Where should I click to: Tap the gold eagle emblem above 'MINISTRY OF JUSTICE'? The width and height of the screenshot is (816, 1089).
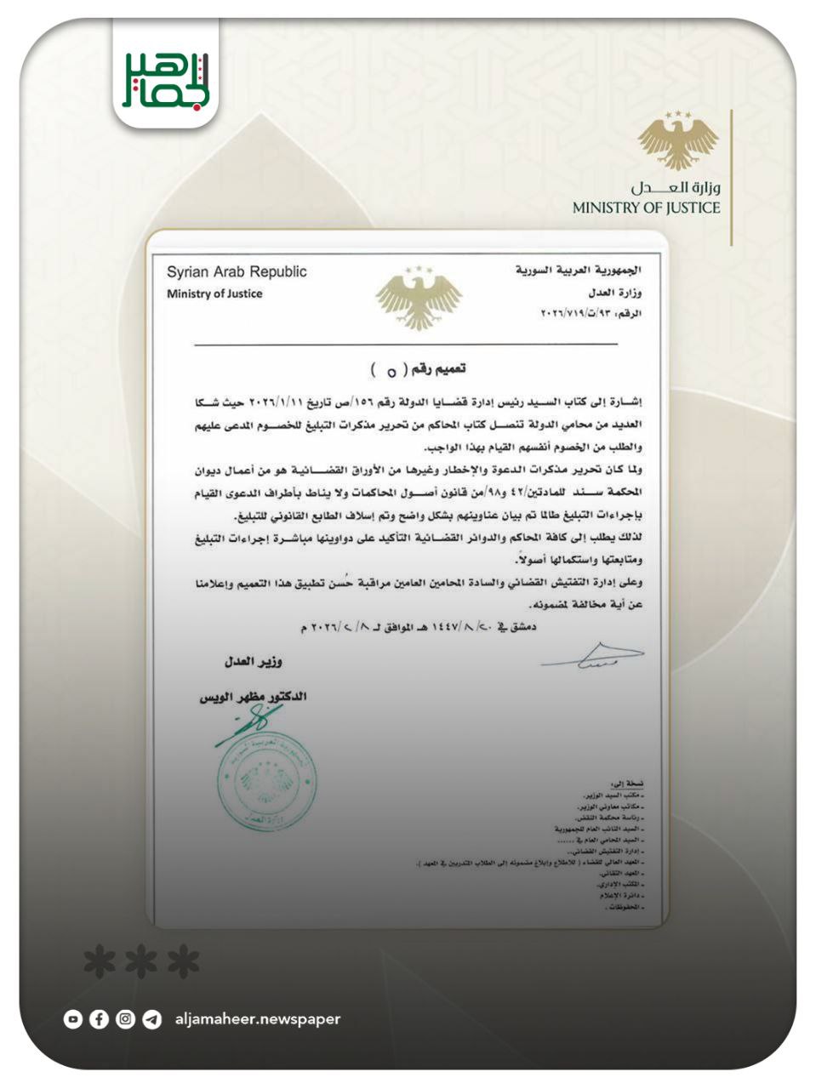tap(678, 140)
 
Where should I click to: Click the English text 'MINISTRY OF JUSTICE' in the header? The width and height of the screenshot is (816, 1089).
tap(646, 208)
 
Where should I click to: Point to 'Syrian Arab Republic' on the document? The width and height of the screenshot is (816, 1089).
tap(237, 272)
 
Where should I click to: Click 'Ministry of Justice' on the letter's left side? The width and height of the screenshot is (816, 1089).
tap(214, 294)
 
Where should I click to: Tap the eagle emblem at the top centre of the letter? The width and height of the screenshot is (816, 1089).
tap(419, 299)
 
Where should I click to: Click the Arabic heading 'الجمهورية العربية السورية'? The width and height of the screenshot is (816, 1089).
tap(579, 271)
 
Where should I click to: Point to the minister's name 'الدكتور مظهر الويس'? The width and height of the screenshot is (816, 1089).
tap(253, 697)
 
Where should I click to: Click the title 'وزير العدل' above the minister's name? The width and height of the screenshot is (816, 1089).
tap(254, 661)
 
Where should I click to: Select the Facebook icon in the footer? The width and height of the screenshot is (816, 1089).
tap(99, 1019)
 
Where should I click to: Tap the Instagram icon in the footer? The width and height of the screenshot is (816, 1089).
tap(126, 1019)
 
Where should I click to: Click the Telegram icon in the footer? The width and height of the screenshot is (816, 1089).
tap(152, 1019)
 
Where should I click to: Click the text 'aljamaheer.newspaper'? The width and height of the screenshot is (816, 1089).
tap(257, 1019)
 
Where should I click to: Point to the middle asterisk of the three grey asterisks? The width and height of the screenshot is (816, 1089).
tap(141, 962)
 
